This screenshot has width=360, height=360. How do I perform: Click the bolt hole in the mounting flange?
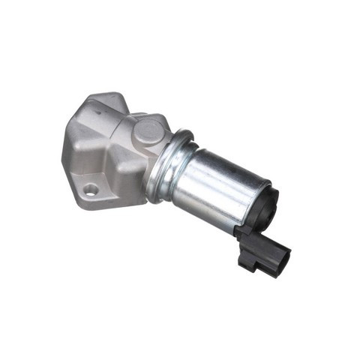[x=91, y=190]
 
